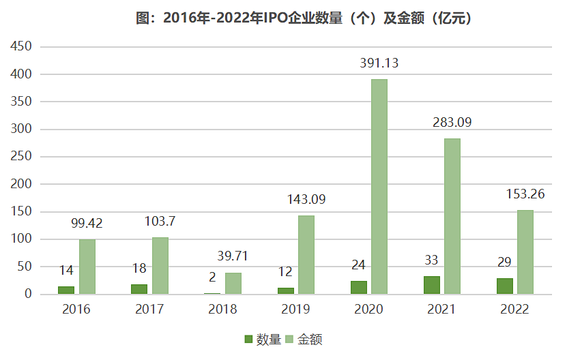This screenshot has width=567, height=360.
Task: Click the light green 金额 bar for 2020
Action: point(379,187)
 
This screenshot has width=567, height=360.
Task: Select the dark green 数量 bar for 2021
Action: point(431,285)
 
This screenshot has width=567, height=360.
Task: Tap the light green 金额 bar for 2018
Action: point(233,284)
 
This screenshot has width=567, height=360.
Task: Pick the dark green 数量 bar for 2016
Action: point(66,290)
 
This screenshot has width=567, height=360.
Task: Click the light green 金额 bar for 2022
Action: point(525,252)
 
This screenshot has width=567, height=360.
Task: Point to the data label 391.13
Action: point(379,63)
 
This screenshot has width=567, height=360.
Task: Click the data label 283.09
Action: point(452,123)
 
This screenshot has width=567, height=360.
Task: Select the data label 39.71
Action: point(233,256)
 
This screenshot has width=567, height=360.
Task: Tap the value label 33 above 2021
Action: point(431,260)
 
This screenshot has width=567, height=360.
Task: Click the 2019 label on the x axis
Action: point(295,310)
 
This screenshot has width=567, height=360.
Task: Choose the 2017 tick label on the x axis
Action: point(149,310)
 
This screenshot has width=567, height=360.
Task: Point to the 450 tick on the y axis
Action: point(19,47)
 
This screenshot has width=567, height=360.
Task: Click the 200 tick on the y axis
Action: point(19,184)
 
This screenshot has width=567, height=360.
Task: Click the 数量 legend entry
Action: point(263,340)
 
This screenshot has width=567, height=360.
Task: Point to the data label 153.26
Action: point(525,194)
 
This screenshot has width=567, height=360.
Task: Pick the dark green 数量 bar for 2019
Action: point(285,291)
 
